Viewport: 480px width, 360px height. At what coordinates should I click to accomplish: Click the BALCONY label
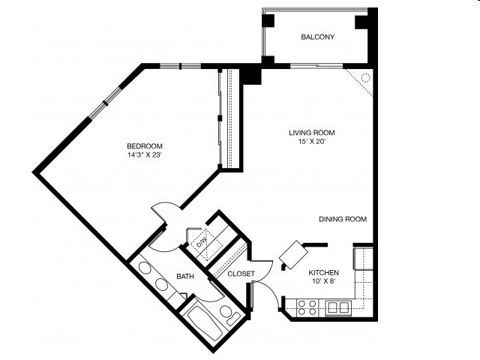tap(317, 37)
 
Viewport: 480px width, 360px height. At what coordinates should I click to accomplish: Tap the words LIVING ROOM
tap(312, 133)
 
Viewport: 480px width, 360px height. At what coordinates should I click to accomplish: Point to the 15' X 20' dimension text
tap(312, 142)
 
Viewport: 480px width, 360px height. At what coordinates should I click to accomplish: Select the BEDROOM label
tap(145, 145)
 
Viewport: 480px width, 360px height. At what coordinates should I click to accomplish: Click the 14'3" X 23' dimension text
tap(145, 155)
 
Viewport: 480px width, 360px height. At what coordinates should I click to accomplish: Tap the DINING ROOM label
tap(343, 220)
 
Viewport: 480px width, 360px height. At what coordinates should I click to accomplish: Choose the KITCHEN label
tap(324, 272)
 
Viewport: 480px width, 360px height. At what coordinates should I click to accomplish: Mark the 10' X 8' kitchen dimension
tap(324, 282)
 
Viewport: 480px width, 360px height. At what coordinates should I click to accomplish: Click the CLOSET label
tap(241, 274)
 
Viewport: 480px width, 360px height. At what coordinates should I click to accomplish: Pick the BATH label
tap(185, 277)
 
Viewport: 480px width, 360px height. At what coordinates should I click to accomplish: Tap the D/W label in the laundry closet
tap(201, 242)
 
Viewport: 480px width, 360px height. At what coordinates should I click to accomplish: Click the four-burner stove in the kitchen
tap(307, 306)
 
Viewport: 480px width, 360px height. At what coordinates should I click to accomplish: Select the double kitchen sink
tap(338, 306)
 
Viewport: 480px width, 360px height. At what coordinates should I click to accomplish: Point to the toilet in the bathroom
tap(226, 313)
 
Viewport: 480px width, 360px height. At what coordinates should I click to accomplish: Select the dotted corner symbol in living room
tap(363, 78)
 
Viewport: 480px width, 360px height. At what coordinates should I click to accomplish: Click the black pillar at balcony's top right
tap(363, 21)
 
